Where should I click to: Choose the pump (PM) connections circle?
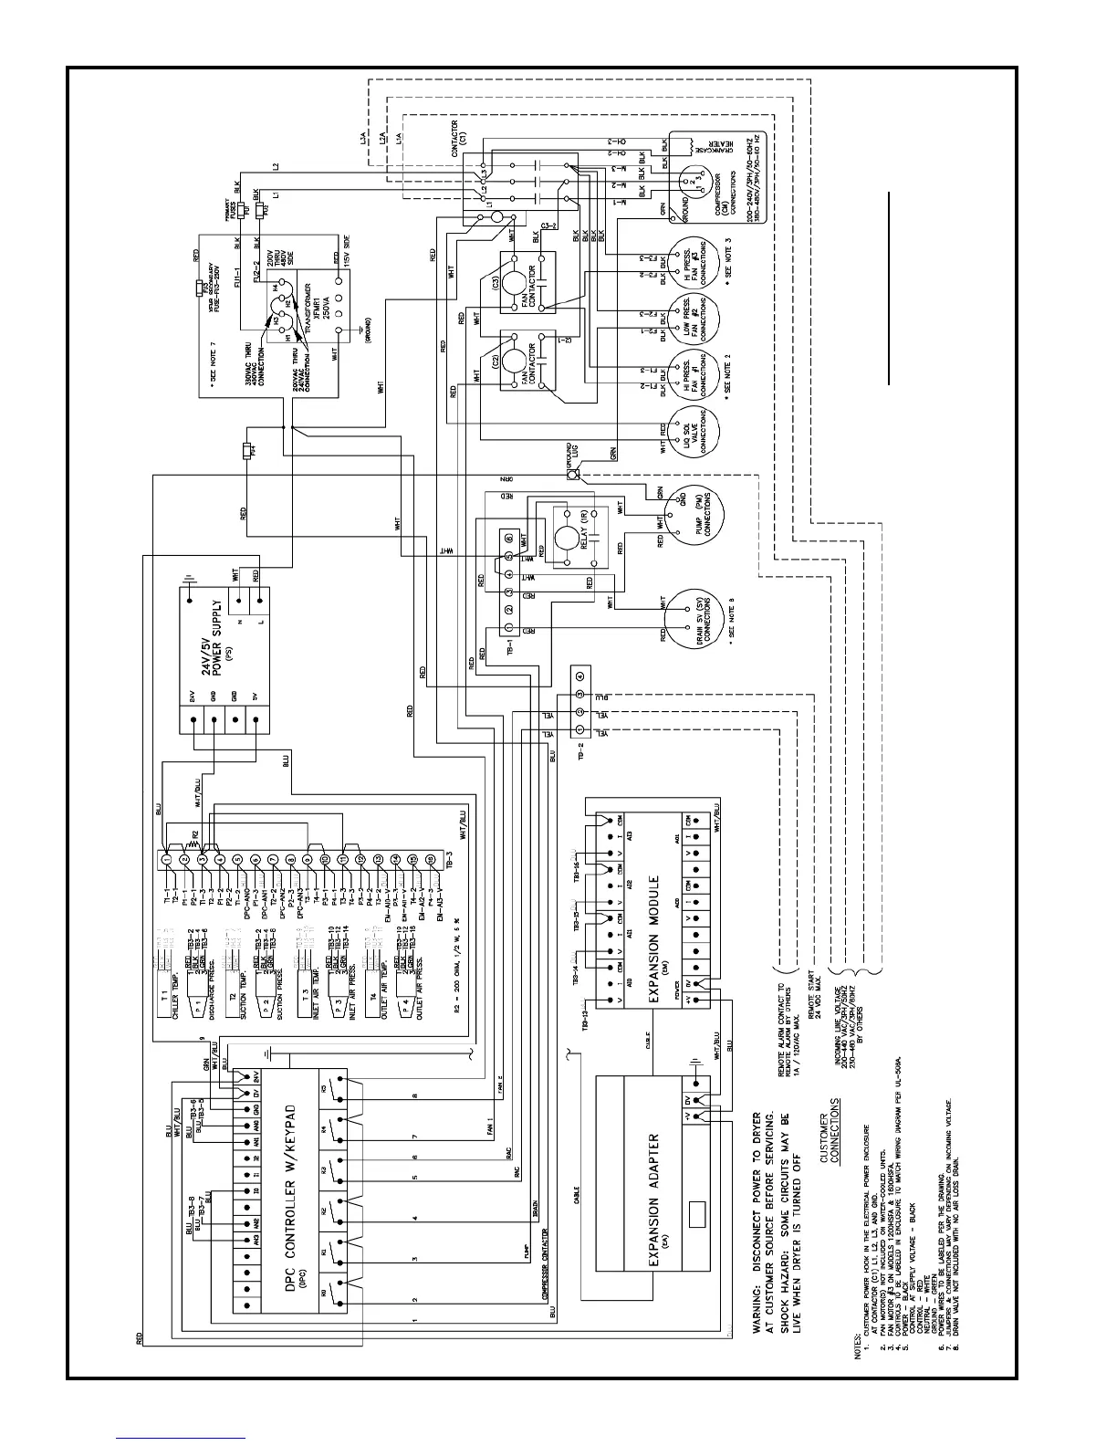tap(689, 509)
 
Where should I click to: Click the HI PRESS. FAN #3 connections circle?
tap(690, 266)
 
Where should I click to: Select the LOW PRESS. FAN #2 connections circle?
tap(690, 320)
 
